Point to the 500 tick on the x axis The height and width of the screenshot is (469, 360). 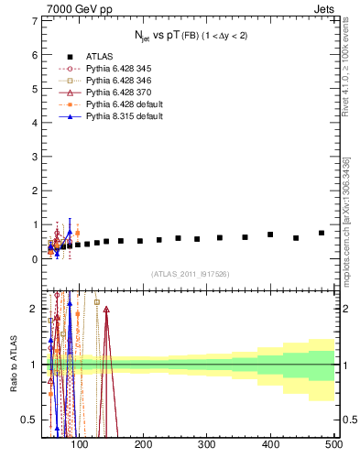pyautogui.click(x=333, y=444)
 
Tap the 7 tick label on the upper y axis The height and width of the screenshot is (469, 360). pyautogui.click(x=35, y=20)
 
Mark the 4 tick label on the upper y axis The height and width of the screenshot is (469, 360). pyautogui.click(x=35, y=122)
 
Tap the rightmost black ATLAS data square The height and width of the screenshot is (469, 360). pyautogui.click(x=322, y=233)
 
